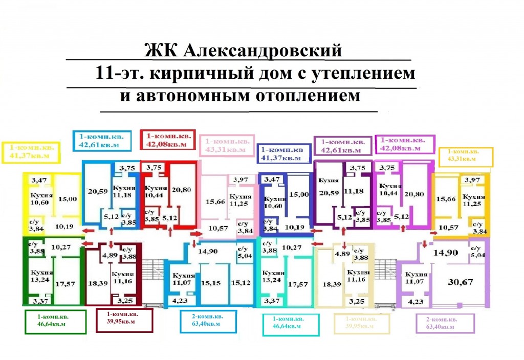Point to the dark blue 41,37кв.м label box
[x=284, y=154]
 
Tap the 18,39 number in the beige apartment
[x=329, y=283]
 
